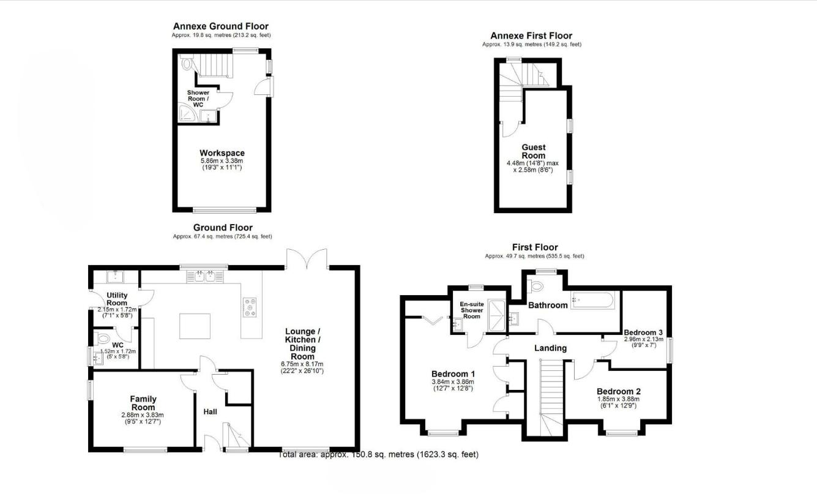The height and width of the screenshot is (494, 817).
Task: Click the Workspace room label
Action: pyautogui.click(x=222, y=153)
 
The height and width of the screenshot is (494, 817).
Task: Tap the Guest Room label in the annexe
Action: pyautogui.click(x=533, y=151)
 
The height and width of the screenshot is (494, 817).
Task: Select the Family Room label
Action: pyautogui.click(x=143, y=403)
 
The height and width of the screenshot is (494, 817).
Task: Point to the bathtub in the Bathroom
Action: pyautogui.click(x=592, y=300)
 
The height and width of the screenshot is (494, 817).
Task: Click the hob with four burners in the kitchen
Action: pyautogui.click(x=250, y=307)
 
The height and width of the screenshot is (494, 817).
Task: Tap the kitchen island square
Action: pyautogui.click(x=195, y=326)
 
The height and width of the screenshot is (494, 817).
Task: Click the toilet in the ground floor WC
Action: pyautogui.click(x=102, y=339)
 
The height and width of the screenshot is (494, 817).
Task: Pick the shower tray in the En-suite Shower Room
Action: pyautogui.click(x=496, y=316)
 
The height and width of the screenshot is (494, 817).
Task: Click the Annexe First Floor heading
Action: pyautogui.click(x=531, y=36)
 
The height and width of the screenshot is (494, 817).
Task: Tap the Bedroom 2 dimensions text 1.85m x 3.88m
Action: pyautogui.click(x=618, y=399)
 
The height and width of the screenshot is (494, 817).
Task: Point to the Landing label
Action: pyautogui.click(x=550, y=348)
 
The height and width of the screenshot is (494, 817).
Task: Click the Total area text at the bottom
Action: pyautogui.click(x=379, y=455)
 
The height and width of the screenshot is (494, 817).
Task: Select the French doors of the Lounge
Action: pyautogui.click(x=307, y=260)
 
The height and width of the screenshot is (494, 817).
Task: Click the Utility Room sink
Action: pyautogui.click(x=115, y=277)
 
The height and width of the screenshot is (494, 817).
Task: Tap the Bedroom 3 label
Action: pyautogui.click(x=643, y=332)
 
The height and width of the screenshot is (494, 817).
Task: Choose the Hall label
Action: pyautogui.click(x=210, y=412)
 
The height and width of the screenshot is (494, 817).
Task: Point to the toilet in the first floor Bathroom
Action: pyautogui.click(x=535, y=286)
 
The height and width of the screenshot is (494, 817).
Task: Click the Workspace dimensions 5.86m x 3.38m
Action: pyautogui.click(x=222, y=161)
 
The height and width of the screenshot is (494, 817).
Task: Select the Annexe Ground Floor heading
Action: pyautogui.click(x=221, y=26)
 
